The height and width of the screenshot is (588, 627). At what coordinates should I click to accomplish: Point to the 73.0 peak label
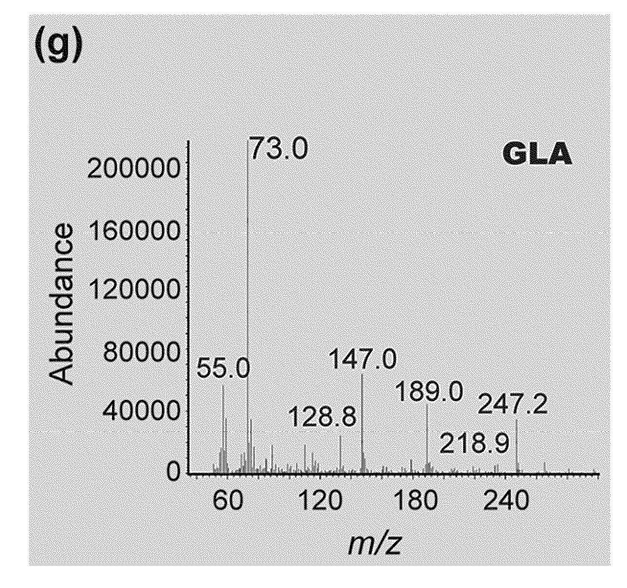point(279,147)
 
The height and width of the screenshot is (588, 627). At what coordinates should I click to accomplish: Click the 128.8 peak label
point(323,417)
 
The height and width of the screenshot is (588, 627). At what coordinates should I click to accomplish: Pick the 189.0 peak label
point(429,392)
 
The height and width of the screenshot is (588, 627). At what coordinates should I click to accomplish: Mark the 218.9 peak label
point(475,443)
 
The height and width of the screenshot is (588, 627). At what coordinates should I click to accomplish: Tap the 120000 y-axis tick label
point(134,290)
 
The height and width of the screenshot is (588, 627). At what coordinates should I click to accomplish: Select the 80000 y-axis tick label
point(142,352)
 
